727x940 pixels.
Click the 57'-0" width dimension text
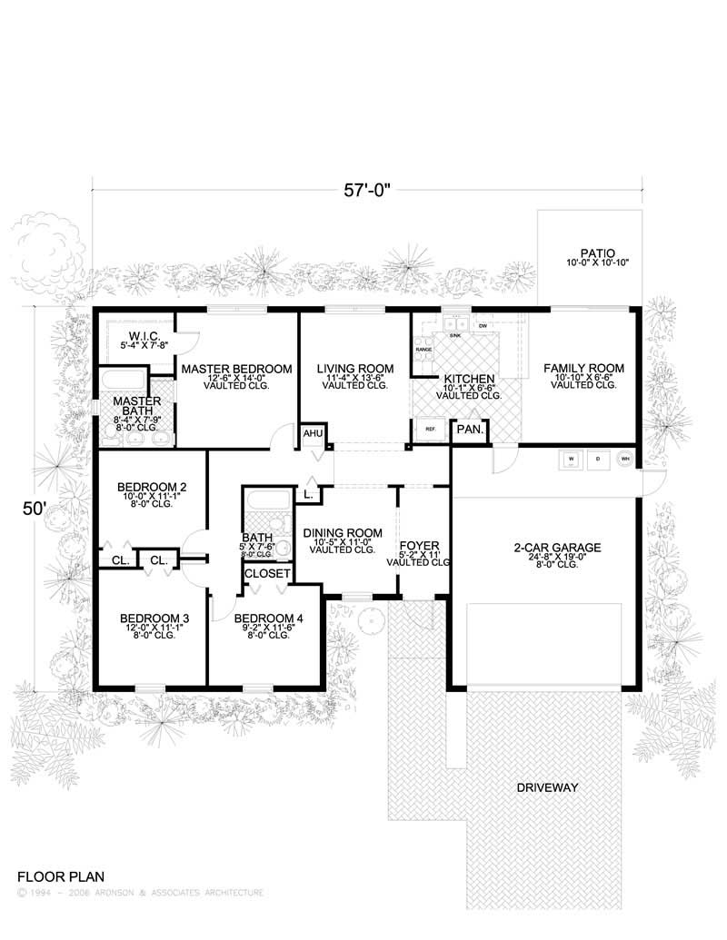click(x=367, y=191)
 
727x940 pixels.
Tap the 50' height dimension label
click(x=34, y=510)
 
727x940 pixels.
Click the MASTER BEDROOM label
click(x=236, y=369)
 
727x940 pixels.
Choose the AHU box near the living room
click(x=313, y=435)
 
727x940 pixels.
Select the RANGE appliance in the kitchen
click(x=423, y=349)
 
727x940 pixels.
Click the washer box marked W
click(x=572, y=460)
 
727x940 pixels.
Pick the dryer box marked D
click(x=598, y=460)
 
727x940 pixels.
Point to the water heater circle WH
click(x=624, y=460)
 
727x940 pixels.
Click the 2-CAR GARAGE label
click(x=544, y=548)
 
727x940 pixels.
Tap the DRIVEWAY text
click(x=547, y=787)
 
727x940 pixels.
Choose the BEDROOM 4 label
click(x=266, y=618)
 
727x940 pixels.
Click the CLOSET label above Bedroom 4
click(x=267, y=574)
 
